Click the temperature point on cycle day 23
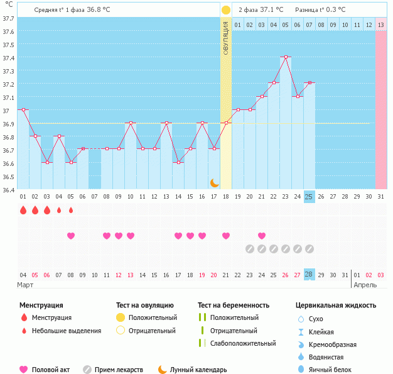pyautogui.click(x=285, y=57)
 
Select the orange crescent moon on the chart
pyautogui.click(x=215, y=182)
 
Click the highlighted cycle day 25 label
pyautogui.click(x=309, y=197)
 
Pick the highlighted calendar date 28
pyautogui.click(x=309, y=275)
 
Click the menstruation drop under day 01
pyautogui.click(x=23, y=211)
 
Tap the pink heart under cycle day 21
pyautogui.click(x=261, y=236)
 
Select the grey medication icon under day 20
pyautogui.click(x=249, y=249)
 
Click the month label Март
pyautogui.click(x=26, y=285)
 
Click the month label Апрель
pyautogui.click(x=365, y=285)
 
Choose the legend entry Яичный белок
pyautogui.click(x=334, y=370)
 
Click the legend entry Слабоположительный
pyautogui.click(x=242, y=343)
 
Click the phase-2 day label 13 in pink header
pyautogui.click(x=380, y=25)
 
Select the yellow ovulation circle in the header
pyautogui.click(x=226, y=10)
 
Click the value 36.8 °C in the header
pyautogui.click(x=98, y=10)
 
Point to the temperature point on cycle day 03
pyautogui.click(x=47, y=162)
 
